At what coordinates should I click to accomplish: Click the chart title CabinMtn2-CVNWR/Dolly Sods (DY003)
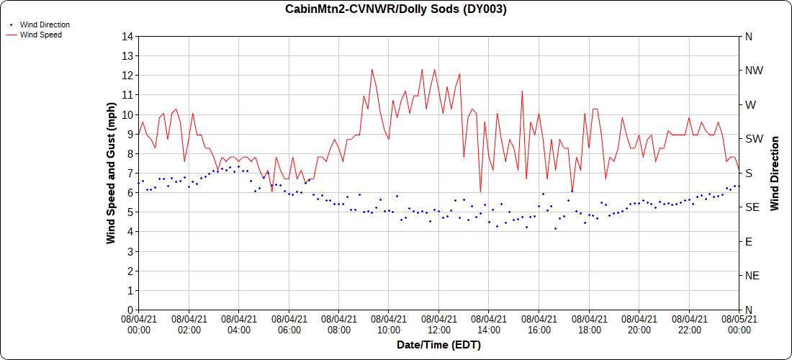[x=396, y=9]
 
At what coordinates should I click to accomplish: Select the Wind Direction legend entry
[x=45, y=24]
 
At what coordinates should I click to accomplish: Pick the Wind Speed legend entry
[x=40, y=34]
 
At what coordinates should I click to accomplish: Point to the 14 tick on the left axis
[x=127, y=36]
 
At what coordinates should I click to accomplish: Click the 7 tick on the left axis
[x=130, y=173]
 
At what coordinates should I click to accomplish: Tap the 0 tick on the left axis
[x=130, y=310]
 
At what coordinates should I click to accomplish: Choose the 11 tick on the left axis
[x=127, y=95]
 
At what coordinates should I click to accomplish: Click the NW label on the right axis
[x=754, y=71]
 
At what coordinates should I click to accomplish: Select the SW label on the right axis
[x=753, y=139]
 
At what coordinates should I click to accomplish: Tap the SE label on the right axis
[x=752, y=207]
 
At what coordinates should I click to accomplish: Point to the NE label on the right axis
[x=752, y=276]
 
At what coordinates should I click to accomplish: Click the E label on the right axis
[x=748, y=241]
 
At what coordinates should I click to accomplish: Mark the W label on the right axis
[x=750, y=104]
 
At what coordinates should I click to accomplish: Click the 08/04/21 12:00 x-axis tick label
[x=438, y=325]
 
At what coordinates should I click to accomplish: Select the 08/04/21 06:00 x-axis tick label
[x=289, y=325]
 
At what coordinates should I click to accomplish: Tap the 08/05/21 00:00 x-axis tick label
[x=739, y=325]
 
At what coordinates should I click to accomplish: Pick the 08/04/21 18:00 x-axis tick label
[x=589, y=325]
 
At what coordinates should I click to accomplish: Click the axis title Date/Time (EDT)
[x=438, y=345]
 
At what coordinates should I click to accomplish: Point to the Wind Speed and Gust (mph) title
[x=111, y=173]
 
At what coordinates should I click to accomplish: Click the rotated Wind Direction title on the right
[x=775, y=173]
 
